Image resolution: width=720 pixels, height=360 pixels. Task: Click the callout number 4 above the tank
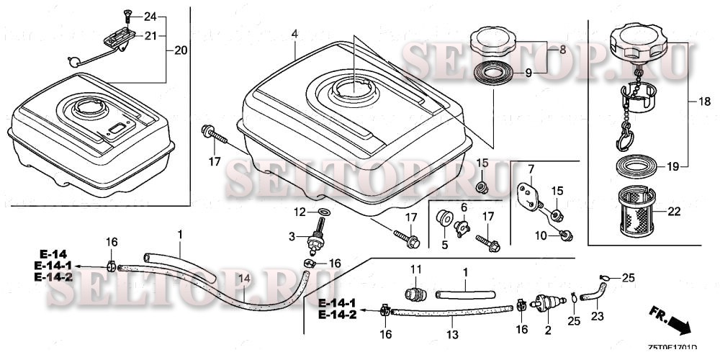click(295, 35)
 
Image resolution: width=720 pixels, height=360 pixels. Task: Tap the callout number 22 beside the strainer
click(674, 211)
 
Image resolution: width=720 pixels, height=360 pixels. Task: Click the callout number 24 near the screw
click(150, 16)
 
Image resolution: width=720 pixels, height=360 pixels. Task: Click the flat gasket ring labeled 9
click(495, 73)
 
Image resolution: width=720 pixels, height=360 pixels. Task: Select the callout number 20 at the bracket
click(180, 50)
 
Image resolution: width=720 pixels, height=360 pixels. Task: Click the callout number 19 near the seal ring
click(672, 167)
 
